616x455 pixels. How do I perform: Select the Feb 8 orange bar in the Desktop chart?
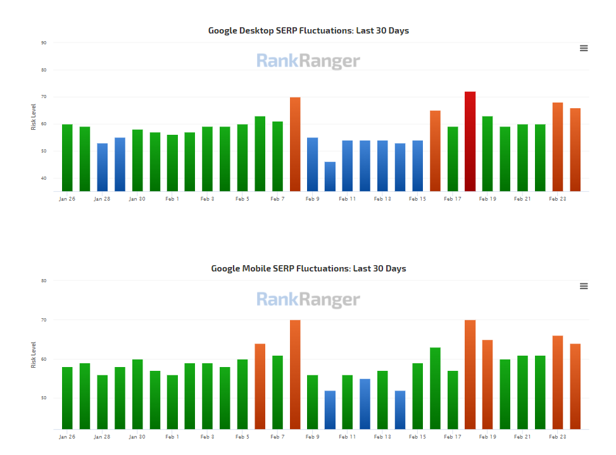coord(295,144)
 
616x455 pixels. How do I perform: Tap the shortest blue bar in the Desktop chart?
coord(330,177)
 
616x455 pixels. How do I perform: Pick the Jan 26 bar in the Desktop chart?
coord(67,158)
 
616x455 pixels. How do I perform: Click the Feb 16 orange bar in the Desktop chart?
coord(435,151)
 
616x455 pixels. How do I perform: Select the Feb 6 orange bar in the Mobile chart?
coord(260,386)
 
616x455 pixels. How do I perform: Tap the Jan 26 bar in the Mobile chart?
coord(67,397)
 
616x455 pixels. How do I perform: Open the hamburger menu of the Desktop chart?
coord(584,48)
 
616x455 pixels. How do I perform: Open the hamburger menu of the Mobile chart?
coord(584,286)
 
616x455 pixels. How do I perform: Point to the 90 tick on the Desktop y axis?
coord(44,43)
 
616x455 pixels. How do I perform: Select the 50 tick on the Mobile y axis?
coord(44,398)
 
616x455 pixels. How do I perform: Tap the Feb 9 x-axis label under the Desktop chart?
coord(312,199)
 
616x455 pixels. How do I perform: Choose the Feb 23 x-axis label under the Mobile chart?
coord(557,437)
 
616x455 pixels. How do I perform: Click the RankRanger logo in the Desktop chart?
coord(308,61)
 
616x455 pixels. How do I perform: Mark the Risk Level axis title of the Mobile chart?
coord(34,354)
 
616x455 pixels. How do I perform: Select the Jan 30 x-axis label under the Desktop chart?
coord(137,199)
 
